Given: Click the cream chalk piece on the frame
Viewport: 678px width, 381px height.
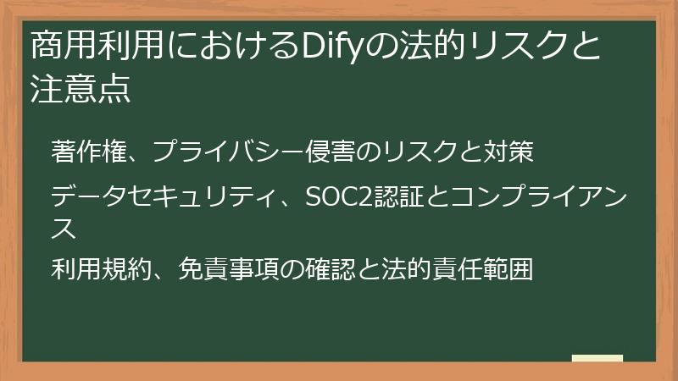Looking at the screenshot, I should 597,358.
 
